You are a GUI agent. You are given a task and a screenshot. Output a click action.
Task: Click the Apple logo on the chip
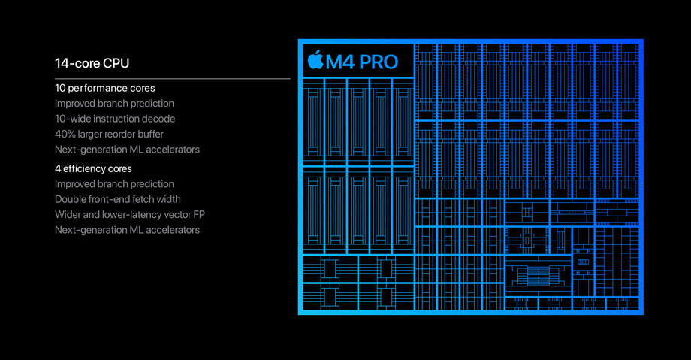(x=315, y=60)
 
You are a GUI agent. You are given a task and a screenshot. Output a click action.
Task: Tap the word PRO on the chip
(x=379, y=62)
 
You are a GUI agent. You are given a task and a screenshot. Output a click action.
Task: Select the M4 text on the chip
(x=339, y=62)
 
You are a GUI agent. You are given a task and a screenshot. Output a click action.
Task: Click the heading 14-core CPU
(x=92, y=64)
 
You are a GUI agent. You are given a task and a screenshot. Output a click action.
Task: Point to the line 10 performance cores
(x=105, y=88)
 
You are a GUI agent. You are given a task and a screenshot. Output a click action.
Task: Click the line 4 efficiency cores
(x=93, y=168)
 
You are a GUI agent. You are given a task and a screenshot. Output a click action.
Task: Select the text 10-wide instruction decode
(x=115, y=119)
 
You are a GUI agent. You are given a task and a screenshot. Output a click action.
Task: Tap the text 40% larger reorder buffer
(x=110, y=134)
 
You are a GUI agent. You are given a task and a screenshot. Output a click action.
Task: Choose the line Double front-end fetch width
(x=118, y=199)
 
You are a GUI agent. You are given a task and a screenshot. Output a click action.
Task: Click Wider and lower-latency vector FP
(x=130, y=215)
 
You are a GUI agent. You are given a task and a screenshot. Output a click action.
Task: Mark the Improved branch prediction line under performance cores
(x=115, y=104)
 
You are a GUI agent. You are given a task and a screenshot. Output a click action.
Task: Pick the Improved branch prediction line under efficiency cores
(x=115, y=184)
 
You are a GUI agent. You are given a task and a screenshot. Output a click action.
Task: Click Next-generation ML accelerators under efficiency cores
(x=128, y=230)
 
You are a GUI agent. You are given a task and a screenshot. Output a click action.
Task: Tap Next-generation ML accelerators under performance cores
(x=128, y=150)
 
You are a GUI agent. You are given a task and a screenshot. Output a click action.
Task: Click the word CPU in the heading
(x=116, y=64)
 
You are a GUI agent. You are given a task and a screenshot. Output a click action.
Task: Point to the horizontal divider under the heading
(x=173, y=79)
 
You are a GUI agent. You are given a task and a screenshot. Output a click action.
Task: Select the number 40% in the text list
(x=65, y=134)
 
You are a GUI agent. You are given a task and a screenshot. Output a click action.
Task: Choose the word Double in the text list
(x=70, y=199)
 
